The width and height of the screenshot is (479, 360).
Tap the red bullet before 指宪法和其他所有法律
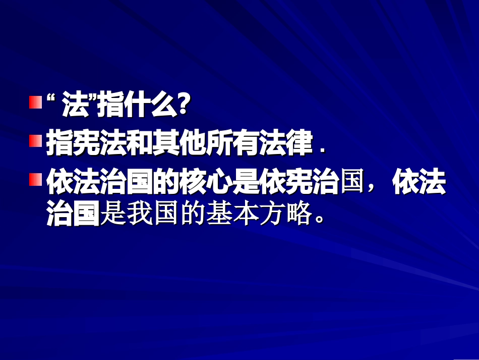click(34, 140)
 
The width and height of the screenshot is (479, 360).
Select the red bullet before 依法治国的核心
click(34, 179)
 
